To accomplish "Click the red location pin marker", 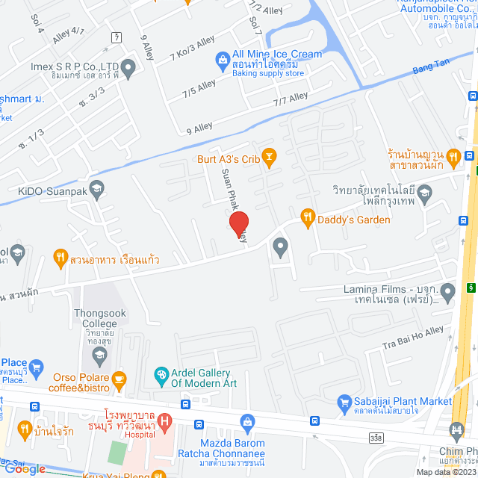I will coord(238,223).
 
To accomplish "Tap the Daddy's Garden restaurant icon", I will coord(307,218).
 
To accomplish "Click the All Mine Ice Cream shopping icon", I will coord(222,59).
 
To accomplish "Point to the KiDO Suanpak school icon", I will coord(96,188).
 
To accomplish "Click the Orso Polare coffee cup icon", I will coord(119,379).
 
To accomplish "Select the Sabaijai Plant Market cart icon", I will coord(344,402).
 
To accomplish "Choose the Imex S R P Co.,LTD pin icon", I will coord(128,71).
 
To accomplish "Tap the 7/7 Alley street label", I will coord(291,98).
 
